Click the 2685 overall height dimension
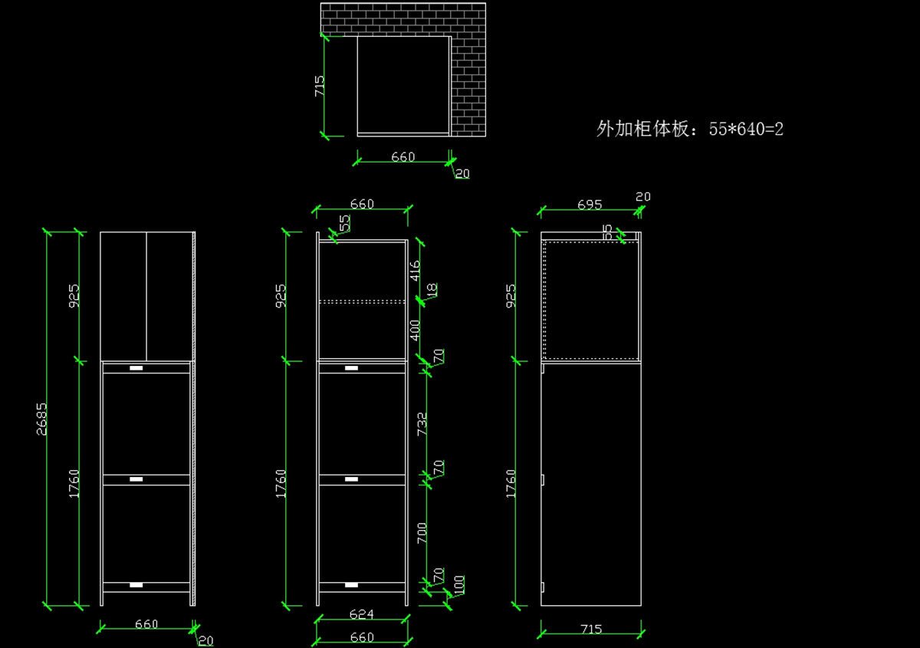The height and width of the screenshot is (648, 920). (41, 419)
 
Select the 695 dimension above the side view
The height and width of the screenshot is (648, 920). (589, 205)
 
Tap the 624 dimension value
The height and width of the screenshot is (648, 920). (361, 614)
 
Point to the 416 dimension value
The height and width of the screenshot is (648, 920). (415, 271)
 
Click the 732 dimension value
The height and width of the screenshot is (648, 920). (422, 424)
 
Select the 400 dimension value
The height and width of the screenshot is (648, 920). (415, 331)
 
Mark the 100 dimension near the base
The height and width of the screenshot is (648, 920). (459, 584)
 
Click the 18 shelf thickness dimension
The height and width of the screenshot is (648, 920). (432, 291)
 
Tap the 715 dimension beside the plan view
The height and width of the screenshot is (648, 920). (320, 85)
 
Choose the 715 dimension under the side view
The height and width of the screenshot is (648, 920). (590, 629)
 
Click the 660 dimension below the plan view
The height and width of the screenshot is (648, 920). (403, 157)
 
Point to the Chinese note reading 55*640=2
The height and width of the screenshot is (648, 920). (689, 129)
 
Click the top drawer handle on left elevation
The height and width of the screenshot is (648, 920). (136, 368)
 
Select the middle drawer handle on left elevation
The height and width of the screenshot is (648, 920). (136, 479)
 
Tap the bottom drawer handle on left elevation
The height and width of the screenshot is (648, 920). (136, 585)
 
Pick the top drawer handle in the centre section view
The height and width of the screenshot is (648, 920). (352, 368)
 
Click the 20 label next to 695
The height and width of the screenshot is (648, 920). (642, 197)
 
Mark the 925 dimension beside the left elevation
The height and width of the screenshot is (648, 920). (74, 295)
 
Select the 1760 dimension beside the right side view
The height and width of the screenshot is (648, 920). (511, 483)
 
